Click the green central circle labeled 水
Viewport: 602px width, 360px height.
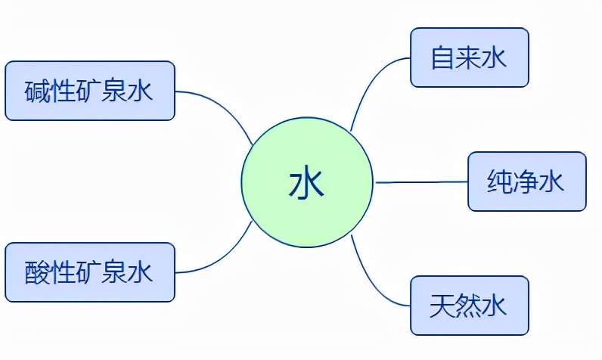(x=307, y=182)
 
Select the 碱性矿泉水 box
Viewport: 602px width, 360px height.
(x=90, y=92)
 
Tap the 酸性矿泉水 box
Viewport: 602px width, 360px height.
(x=90, y=272)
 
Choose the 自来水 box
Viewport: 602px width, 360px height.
(x=469, y=57)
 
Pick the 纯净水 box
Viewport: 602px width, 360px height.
(x=527, y=182)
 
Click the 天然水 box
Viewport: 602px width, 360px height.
(x=469, y=306)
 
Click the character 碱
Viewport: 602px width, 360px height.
(x=39, y=92)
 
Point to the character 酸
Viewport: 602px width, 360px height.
(x=39, y=272)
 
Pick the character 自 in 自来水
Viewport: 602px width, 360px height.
(x=443, y=58)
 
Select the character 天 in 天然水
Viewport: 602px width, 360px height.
(x=443, y=306)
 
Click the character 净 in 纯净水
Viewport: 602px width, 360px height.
(x=527, y=182)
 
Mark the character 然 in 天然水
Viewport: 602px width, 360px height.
(x=469, y=306)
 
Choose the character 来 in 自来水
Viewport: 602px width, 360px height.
(x=469, y=58)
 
